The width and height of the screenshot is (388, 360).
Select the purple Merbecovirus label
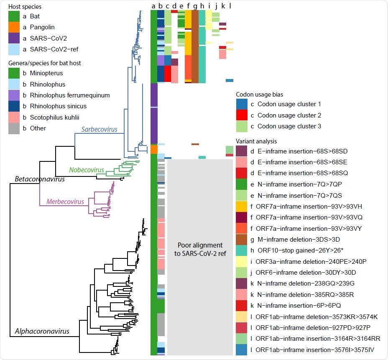click(65, 202)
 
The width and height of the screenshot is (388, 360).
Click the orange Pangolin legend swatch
click(14, 28)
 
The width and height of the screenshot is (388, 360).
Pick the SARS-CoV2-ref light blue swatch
click(14, 49)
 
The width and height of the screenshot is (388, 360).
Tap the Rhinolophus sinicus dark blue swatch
click(14, 106)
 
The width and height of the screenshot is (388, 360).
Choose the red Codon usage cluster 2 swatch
click(242, 115)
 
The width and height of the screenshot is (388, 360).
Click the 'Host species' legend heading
click(25, 7)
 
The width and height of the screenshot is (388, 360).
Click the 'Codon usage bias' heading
click(259, 94)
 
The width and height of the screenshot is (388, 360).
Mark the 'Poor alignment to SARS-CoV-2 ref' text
click(200, 249)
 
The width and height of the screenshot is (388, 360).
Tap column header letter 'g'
click(195, 6)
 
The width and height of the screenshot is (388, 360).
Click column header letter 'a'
click(153, 6)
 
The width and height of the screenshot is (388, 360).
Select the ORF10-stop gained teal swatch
click(242, 250)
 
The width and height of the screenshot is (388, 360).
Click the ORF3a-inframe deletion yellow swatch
click(242, 261)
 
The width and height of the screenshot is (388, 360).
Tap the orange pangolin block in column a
click(153, 149)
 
